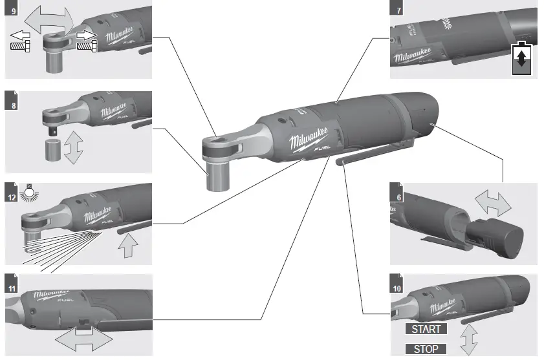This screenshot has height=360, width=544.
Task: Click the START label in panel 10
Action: coord(426,329)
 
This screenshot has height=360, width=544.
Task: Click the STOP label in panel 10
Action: coord(426,349)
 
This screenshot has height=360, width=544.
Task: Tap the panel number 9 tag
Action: coord(10,10)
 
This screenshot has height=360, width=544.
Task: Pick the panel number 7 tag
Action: coord(397,10)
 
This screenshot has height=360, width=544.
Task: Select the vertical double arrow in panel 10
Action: coord(468,338)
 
